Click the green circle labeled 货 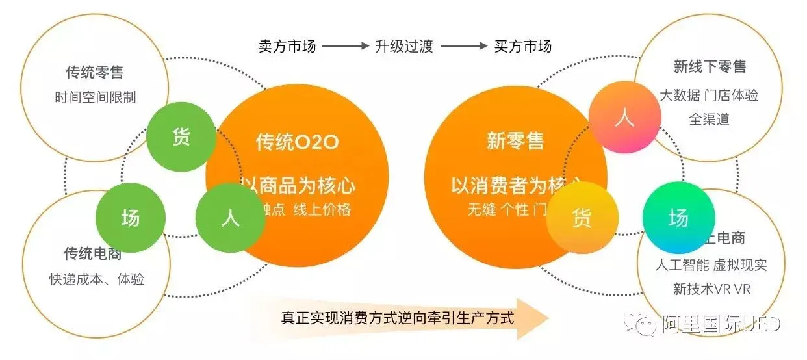point(181,137)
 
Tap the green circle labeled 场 point(130,218)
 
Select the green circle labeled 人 point(231,218)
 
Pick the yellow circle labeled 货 point(582,218)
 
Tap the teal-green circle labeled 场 point(678,218)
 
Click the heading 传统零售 point(95,71)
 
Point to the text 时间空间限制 point(95,97)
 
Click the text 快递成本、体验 point(97,279)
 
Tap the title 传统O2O point(297,142)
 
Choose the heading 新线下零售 point(710,67)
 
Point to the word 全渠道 point(710,120)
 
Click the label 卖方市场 point(287,46)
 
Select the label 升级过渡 point(404,46)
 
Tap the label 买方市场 point(523,46)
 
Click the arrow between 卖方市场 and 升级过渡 point(345,46)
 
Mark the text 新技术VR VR point(711,289)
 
